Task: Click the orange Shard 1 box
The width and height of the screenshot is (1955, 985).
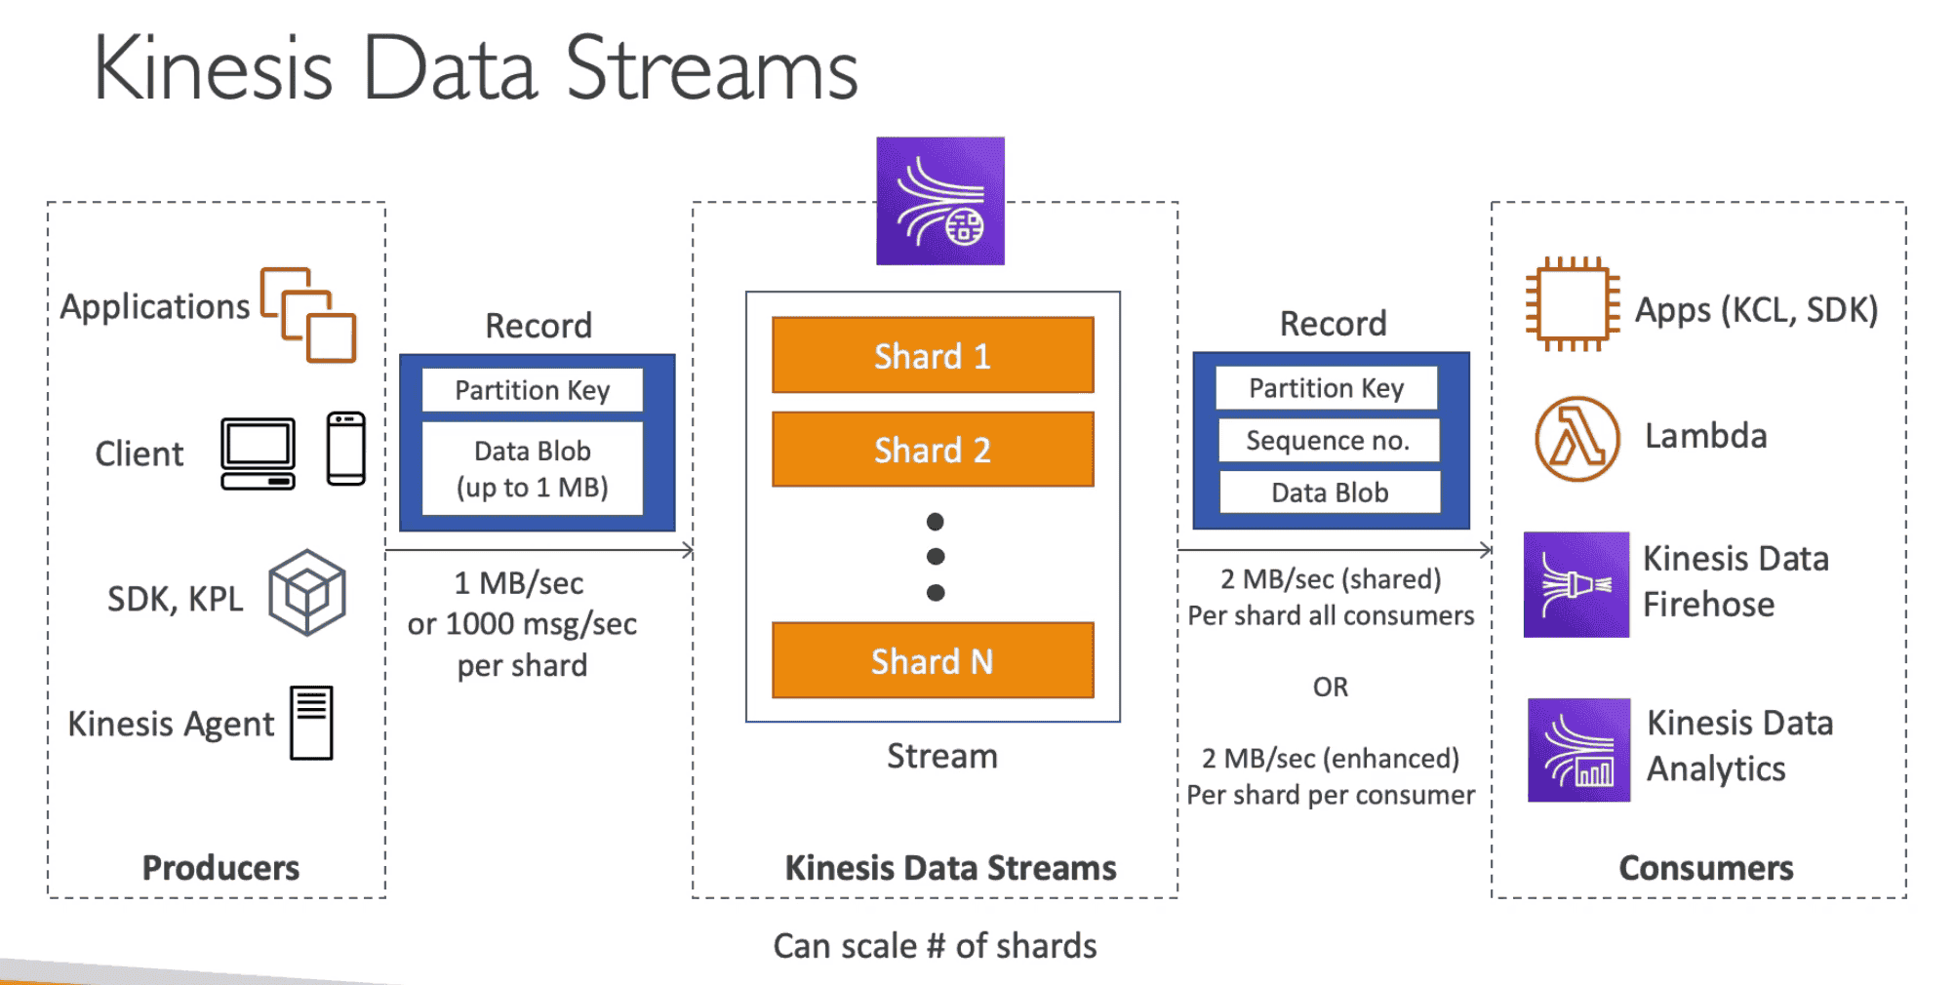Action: coord(932,355)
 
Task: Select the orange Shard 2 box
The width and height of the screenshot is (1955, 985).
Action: coord(932,450)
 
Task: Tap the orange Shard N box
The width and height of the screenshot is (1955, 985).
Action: coord(932,661)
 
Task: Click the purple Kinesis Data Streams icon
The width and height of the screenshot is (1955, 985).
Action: coord(939,201)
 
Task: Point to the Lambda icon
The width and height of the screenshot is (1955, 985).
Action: coord(1576,438)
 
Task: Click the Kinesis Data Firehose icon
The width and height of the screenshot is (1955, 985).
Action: coord(1576,584)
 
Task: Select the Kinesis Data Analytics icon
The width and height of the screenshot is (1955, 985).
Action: coord(1577,750)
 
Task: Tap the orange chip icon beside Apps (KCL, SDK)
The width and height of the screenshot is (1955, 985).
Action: coord(1572,305)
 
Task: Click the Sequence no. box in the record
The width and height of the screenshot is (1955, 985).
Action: coord(1328,440)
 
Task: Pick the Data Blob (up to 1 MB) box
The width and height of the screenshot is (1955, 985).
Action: coord(532,468)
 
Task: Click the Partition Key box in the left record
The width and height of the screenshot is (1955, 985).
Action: coord(532,390)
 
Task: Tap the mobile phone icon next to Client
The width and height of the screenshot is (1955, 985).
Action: coord(345,449)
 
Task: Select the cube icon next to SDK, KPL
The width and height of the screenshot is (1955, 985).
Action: coord(306,593)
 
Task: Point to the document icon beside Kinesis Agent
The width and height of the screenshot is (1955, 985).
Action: coord(311,723)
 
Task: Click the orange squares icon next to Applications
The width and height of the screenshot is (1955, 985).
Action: coord(308,315)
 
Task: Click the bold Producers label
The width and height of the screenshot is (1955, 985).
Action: coord(220,867)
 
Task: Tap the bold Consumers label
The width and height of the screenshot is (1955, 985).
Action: coord(1705,867)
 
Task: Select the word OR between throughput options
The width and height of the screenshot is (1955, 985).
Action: coord(1330,687)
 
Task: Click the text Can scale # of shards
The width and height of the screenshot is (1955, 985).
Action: coord(934,945)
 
